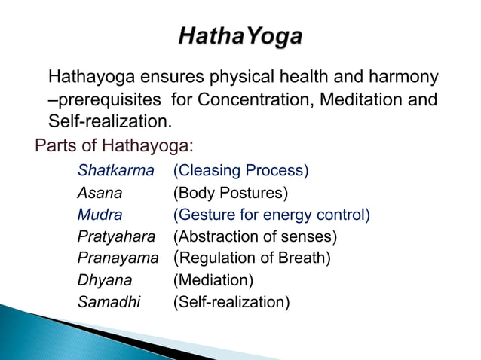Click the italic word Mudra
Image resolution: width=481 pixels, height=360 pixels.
tap(100, 215)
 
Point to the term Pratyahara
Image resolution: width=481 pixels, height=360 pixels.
tap(116, 237)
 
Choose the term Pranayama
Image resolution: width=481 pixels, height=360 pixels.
tap(118, 259)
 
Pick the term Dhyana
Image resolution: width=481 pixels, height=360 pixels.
tap(105, 281)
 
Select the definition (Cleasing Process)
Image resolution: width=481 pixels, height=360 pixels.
tap(240, 171)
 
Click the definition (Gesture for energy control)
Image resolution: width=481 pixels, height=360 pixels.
tap(271, 215)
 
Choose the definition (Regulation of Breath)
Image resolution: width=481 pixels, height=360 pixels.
tap(252, 259)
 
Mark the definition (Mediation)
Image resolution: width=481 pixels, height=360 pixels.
tap(213, 281)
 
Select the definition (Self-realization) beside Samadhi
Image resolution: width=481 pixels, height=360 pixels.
tap(231, 303)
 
